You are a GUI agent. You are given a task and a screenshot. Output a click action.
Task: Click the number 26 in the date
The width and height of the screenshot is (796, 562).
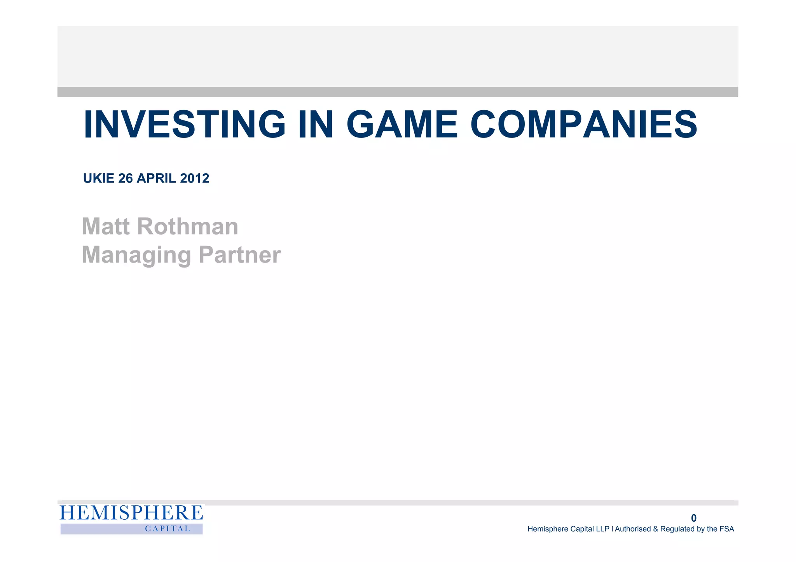(126, 178)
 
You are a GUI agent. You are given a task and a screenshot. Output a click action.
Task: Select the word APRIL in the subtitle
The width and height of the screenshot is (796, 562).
(157, 178)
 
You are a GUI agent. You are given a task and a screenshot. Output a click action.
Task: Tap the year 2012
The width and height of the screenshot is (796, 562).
(195, 178)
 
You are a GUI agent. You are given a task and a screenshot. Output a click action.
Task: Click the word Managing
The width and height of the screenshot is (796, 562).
(136, 255)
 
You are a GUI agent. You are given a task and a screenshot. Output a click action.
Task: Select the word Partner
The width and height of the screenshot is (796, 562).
(239, 255)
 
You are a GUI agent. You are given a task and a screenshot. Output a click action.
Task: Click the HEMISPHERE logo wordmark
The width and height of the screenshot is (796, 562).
(131, 513)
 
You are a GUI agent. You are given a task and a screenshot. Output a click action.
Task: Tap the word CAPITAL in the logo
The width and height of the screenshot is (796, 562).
(168, 529)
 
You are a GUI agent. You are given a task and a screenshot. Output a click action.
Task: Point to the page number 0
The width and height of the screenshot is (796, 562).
(694, 518)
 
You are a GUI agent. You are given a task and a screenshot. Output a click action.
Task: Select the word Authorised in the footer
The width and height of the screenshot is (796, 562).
(632, 529)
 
